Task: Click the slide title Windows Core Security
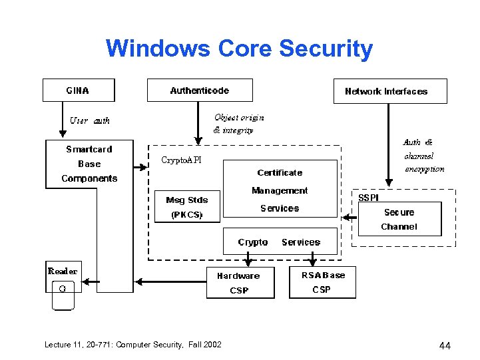pos(239,49)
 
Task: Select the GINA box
pos(79,90)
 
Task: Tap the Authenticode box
pos(200,90)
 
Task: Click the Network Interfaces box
pos(389,91)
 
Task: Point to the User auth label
pos(90,120)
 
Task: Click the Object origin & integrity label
pos(238,124)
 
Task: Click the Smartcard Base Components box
pos(89,164)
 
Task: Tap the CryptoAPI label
pos(181,160)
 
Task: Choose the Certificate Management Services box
pos(280,190)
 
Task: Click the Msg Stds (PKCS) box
pos(186,207)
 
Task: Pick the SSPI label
pos(368,198)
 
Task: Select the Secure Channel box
pos(399,219)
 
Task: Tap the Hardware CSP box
pos(239,283)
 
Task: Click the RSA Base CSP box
pos(323,282)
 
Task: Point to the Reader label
pos(62,271)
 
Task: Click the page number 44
pos(445,345)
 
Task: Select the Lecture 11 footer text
pos(132,344)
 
